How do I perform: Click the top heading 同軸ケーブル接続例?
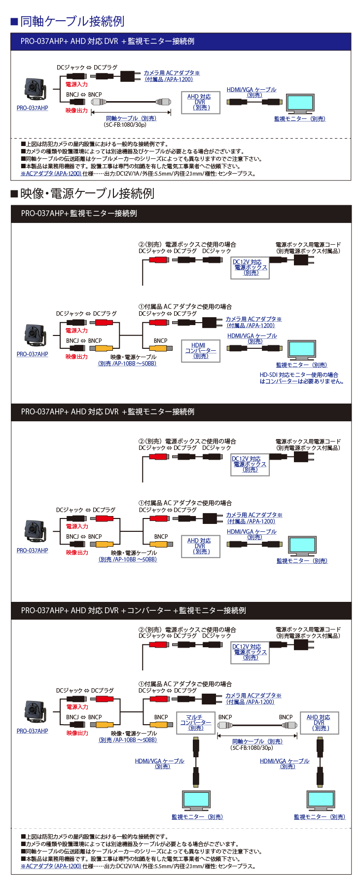[72, 21]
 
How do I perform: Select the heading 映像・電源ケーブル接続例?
[87, 193]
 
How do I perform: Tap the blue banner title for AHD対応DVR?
[108, 41]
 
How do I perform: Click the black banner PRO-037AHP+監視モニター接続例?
[79, 214]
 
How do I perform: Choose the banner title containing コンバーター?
[133, 610]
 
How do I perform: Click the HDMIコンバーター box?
[200, 351]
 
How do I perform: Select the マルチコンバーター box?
[195, 723]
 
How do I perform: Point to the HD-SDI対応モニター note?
[301, 378]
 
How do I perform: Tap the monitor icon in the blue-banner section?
[300, 104]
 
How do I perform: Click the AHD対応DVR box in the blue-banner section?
[200, 103]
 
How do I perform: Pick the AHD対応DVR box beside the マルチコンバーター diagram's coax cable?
[319, 723]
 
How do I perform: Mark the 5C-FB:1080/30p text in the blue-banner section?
[125, 125]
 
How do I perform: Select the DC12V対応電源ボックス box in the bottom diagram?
[250, 652]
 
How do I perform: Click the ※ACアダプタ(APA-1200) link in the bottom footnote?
[51, 866]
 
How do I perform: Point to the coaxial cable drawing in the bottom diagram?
[257, 726]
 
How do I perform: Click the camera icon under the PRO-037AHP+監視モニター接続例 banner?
[35, 335]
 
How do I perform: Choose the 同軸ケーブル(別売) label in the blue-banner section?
[131, 118]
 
